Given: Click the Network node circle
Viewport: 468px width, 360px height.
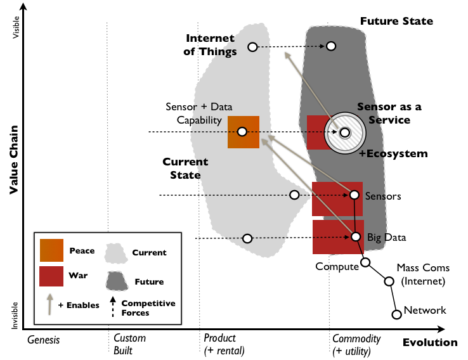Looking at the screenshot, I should pos(396,313).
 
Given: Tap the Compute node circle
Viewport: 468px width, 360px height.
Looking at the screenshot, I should pos(365,262).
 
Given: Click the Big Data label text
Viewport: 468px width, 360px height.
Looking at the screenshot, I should pos(386,237).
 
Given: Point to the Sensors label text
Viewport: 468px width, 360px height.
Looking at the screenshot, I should pos(384,196).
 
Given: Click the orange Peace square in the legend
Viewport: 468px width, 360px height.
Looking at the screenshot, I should pos(51,251).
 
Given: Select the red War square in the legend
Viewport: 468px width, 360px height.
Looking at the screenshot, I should pos(51,276).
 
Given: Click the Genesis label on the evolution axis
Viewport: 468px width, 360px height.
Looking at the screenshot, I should pos(44,339).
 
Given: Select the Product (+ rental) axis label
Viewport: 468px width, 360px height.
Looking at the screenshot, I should pos(224,344).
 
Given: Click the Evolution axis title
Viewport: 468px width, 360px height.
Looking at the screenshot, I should pos(429,342).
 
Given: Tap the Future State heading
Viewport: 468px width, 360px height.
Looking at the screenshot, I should pos(396,21).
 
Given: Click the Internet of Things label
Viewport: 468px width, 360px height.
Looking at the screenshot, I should pos(210,45).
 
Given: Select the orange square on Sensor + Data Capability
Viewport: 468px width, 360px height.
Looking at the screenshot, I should pos(243,132).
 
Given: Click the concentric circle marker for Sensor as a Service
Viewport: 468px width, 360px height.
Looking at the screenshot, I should pos(344,132).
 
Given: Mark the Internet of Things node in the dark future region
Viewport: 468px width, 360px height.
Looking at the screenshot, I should pos(331,46).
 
